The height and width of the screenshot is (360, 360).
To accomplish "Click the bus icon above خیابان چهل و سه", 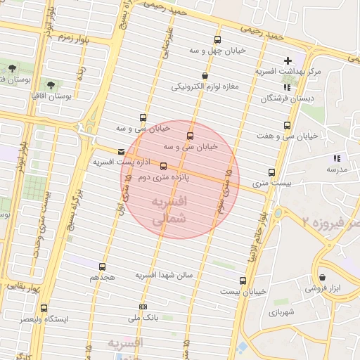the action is pyautogui.click(x=217, y=39).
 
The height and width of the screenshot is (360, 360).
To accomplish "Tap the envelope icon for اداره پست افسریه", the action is pyautogui.click(x=122, y=151).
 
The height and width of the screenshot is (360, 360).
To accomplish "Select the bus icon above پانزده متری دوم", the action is pyautogui.click(x=164, y=167).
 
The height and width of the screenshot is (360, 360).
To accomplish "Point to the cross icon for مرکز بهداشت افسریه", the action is pyautogui.click(x=288, y=61).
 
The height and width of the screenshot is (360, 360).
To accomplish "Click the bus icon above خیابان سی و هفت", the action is pyautogui.click(x=286, y=125).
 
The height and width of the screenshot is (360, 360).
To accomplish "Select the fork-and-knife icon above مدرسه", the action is pyautogui.click(x=337, y=158).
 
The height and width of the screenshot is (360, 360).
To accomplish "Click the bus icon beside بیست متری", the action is pyautogui.click(x=272, y=172).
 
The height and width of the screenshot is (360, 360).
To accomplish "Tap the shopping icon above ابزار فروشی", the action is pyautogui.click(x=322, y=278).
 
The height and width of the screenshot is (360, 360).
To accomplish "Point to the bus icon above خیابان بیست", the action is pyautogui.click(x=242, y=280).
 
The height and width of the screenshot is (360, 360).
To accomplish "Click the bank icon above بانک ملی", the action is pyautogui.click(x=143, y=307).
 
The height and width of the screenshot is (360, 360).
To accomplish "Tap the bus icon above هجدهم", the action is pyautogui.click(x=103, y=266).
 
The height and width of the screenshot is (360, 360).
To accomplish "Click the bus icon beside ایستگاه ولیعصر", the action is pyautogui.click(x=44, y=308).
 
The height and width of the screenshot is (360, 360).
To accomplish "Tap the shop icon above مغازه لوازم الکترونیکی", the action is pyautogui.click(x=205, y=75).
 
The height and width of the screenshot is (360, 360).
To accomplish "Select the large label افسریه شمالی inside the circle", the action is pyautogui.click(x=169, y=210).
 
